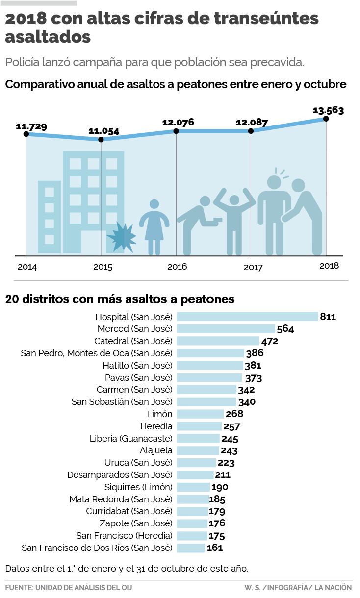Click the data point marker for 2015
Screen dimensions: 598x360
[101, 140]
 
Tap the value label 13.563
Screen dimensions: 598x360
[328, 110]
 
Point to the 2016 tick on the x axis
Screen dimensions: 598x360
[177, 267]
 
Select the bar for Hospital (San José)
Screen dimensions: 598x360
[247, 317]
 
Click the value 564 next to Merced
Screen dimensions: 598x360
[285, 329]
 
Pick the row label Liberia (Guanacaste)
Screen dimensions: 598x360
[131, 438]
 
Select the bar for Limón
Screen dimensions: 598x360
[200, 414]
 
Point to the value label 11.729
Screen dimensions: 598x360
[31, 127]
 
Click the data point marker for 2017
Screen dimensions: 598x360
[251, 131]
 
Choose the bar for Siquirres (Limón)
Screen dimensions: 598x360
[193, 487]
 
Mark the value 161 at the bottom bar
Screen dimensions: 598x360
[215, 548]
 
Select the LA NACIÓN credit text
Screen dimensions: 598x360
[334, 587]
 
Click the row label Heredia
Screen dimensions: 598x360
[156, 426]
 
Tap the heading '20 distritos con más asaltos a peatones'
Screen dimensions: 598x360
[120, 299]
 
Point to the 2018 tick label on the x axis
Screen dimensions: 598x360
[329, 266]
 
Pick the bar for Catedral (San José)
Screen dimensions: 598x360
[217, 341]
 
